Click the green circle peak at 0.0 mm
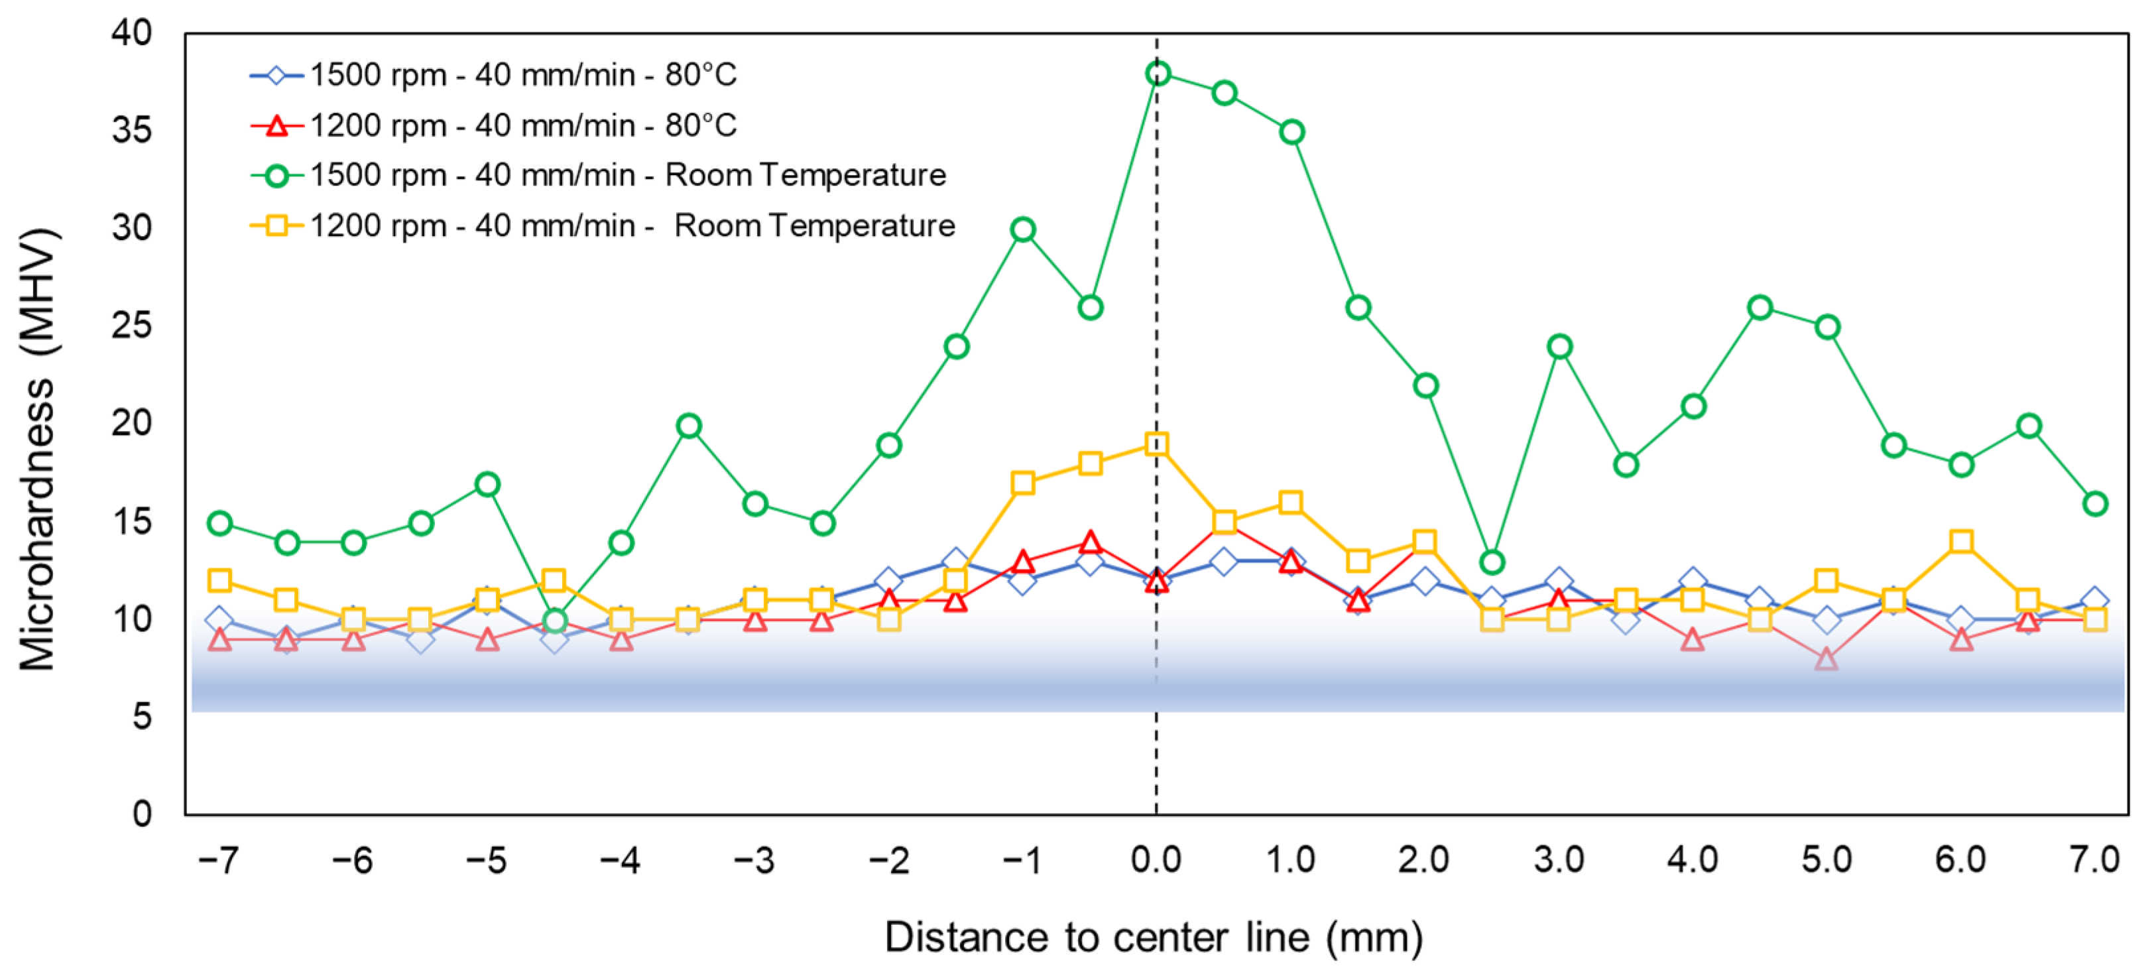point(1158,74)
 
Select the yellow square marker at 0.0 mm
point(1156,444)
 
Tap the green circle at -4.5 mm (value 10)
point(554,621)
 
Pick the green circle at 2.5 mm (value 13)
point(1492,562)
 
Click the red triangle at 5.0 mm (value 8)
point(1827,659)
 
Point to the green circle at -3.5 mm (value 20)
point(688,426)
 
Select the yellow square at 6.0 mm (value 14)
point(1961,542)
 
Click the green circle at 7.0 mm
point(2094,503)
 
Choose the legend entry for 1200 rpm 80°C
point(522,125)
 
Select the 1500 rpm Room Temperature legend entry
point(627,175)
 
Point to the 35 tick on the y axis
point(131,131)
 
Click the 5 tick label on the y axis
point(141,717)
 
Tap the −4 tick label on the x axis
point(620,860)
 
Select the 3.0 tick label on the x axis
point(1558,860)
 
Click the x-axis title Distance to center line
point(1154,937)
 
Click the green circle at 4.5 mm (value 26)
point(1760,308)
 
